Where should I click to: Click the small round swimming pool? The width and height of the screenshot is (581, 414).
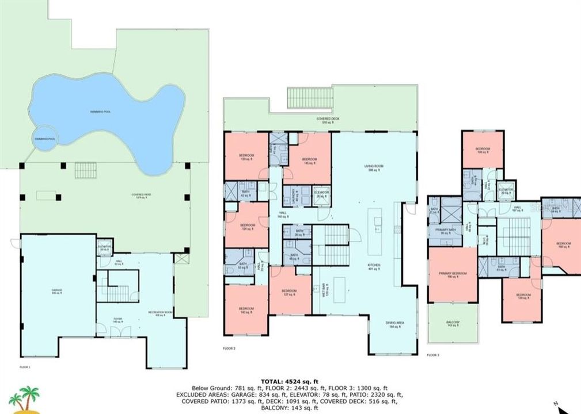pos(43,140)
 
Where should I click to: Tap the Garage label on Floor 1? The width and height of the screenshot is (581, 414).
pos(56,291)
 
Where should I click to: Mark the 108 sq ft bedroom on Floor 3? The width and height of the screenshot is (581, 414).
pos(483,151)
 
